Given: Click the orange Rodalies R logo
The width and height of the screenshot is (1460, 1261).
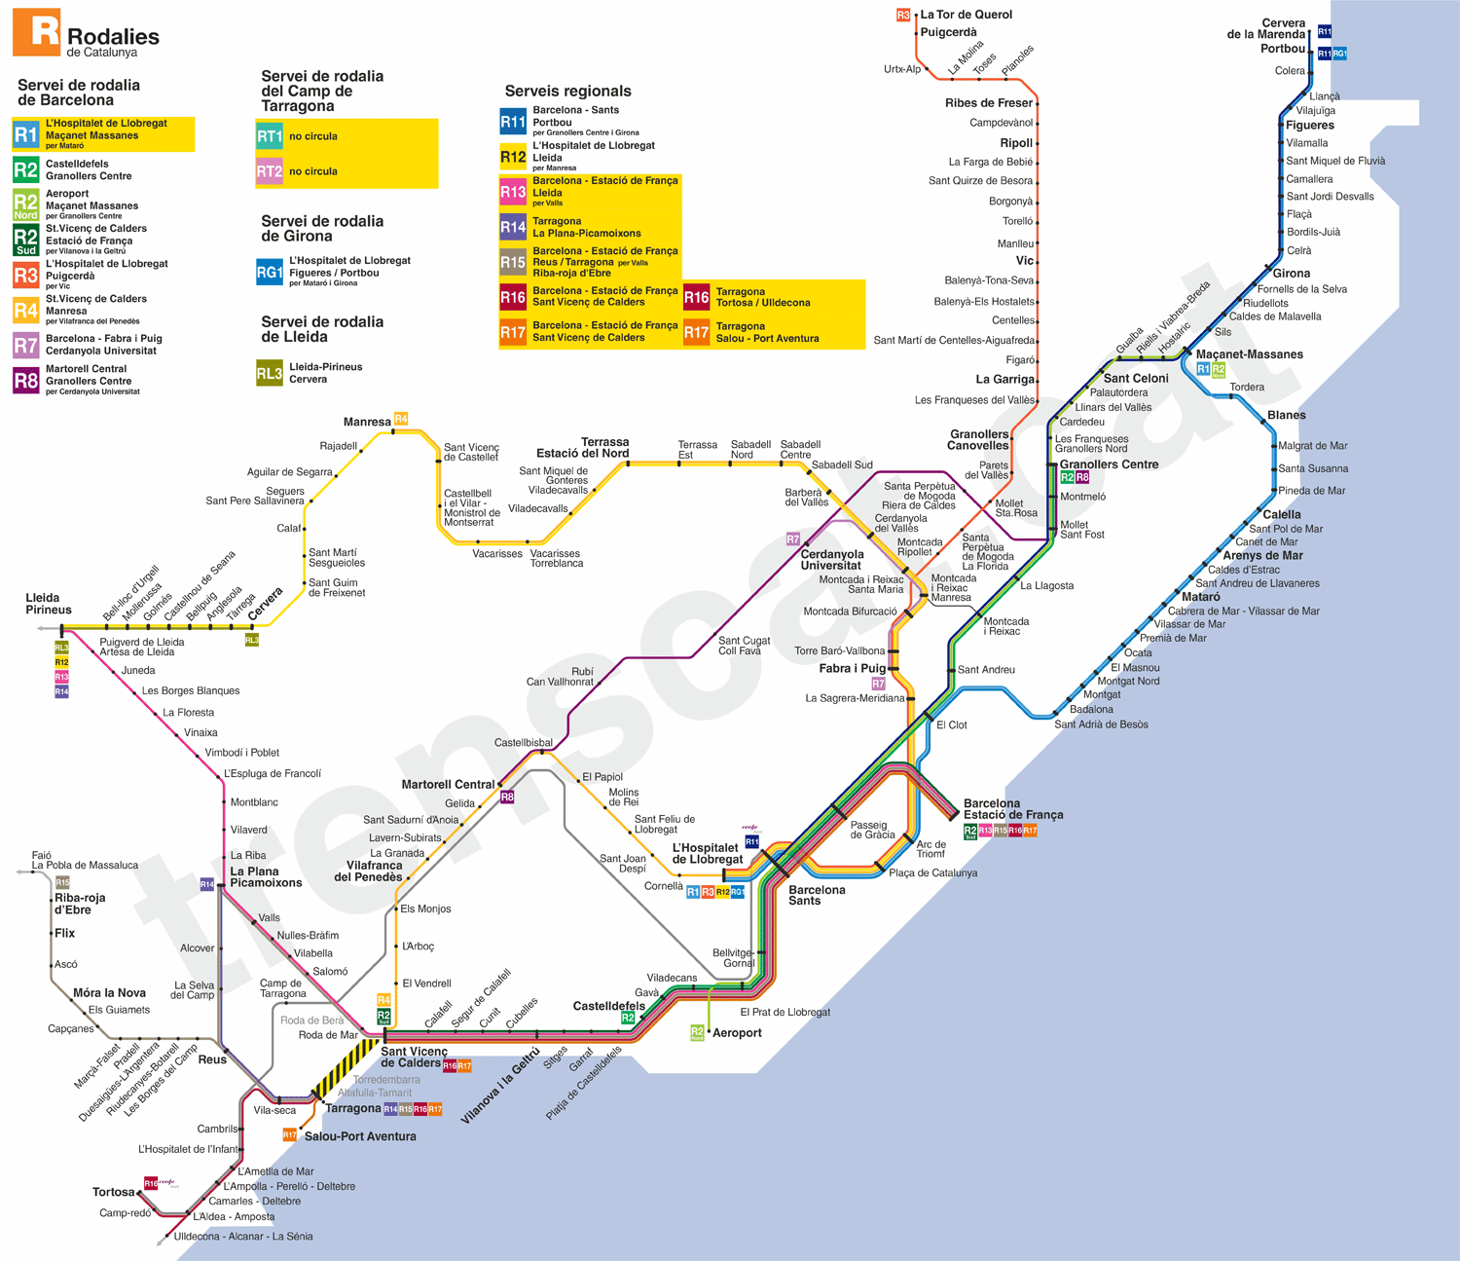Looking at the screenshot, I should (36, 32).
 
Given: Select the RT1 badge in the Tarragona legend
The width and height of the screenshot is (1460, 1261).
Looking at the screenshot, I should (270, 136).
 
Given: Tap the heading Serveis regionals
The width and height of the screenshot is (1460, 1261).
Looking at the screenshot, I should (567, 91).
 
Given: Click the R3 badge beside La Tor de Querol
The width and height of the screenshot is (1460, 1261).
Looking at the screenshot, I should (903, 15).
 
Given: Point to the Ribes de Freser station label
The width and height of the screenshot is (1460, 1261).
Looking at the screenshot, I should (988, 103).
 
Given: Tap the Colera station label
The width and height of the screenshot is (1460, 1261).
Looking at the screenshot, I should (1290, 71).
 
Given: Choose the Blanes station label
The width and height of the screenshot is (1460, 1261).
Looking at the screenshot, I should (1286, 416).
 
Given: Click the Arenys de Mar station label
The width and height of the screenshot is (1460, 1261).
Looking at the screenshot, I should (1262, 556).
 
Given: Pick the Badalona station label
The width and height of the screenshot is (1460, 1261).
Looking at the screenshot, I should (1091, 709).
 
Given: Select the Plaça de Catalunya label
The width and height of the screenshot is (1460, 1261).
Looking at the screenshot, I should (932, 872).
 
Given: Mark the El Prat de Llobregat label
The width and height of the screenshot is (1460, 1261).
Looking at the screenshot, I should (785, 1013).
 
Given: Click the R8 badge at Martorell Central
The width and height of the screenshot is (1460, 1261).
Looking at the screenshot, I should (507, 797).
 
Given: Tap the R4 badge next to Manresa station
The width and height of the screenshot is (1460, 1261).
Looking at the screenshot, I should (401, 419).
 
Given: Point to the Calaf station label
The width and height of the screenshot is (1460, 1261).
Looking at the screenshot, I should (288, 529).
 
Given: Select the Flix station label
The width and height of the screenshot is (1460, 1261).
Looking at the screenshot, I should (64, 933).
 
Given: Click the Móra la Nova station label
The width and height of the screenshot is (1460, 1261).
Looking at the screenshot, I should (109, 993).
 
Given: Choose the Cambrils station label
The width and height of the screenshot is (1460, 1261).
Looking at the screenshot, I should (217, 1130).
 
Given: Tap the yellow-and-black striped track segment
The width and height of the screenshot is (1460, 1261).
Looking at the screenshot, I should (346, 1069).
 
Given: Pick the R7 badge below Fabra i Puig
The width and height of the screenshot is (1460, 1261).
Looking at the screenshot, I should (878, 684).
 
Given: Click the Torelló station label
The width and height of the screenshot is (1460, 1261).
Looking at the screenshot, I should (1017, 221).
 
